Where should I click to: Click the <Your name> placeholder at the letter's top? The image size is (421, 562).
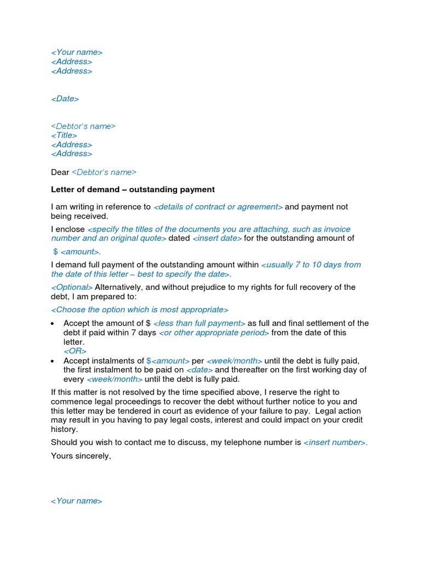pyautogui.click(x=77, y=52)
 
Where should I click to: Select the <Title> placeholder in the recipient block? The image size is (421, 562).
pyautogui.click(x=64, y=136)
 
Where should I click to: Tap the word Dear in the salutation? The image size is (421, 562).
pyautogui.click(x=60, y=172)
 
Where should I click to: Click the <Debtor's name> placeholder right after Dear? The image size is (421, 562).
pyautogui.click(x=104, y=172)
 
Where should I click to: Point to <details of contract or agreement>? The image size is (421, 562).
pyautogui.click(x=218, y=207)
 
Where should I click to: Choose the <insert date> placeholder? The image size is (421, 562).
pyautogui.click(x=217, y=238)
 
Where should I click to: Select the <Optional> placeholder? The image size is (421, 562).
pyautogui.click(x=72, y=287)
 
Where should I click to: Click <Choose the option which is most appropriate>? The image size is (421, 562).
pyautogui.click(x=140, y=310)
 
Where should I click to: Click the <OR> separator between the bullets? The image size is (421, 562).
pyautogui.click(x=75, y=351)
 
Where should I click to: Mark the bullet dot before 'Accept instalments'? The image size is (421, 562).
pyautogui.click(x=52, y=361)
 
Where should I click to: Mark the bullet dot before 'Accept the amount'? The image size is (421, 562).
pyautogui.click(x=52, y=324)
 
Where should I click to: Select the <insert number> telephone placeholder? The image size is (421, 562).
pyautogui.click(x=335, y=442)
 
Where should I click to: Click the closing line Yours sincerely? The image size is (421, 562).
pyautogui.click(x=81, y=456)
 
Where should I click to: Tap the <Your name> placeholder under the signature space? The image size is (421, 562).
pyautogui.click(x=77, y=501)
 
